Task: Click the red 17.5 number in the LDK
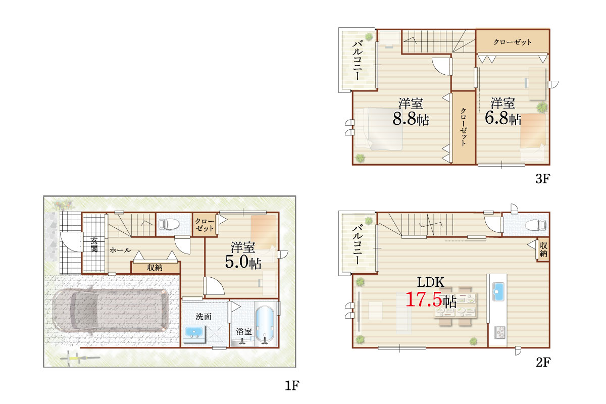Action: pos(424,299)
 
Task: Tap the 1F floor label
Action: pos(292,385)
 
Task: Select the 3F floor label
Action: pos(543,179)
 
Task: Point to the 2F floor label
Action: pos(543,363)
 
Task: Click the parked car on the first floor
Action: pos(111,311)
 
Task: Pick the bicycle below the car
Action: pos(80,358)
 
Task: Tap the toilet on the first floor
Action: pos(169,224)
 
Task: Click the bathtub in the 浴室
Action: pos(265,325)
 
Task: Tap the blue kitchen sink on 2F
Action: pos(498,292)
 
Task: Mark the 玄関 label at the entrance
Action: pos(94,244)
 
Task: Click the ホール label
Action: pos(120,250)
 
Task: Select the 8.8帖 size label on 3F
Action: pos(411,119)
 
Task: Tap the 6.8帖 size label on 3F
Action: pos(502,118)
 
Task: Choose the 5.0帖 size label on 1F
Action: pos(243,262)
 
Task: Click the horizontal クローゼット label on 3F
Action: pos(513,42)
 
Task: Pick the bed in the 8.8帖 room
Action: pos(380,129)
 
